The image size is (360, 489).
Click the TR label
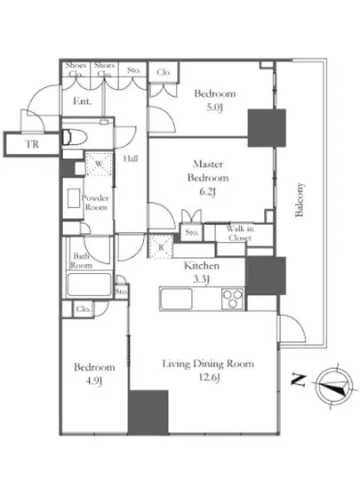tap(32, 144)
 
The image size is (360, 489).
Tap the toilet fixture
tap(73, 137)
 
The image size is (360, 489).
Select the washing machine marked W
tap(99, 164)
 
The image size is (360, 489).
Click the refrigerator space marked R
tap(161, 246)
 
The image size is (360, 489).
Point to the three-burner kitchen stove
tap(232, 299)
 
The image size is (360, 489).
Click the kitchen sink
tap(176, 299)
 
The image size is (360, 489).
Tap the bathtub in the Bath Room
tap(90, 285)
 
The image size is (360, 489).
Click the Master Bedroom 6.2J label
tap(208, 178)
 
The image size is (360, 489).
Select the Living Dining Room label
tap(208, 364)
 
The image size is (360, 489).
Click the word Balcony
tap(300, 199)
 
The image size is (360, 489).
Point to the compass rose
tap(334, 386)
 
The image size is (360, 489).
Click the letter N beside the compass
tap(298, 381)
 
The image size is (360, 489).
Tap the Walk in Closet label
tap(240, 233)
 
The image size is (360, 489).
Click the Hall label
tap(131, 159)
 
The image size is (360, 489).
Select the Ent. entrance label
tap(83, 101)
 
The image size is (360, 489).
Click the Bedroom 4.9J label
tap(94, 373)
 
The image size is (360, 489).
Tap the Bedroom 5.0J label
tap(215, 100)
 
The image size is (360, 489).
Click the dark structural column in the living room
tap(148, 412)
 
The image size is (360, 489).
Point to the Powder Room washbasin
tap(74, 198)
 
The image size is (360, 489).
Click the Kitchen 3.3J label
tap(202, 272)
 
